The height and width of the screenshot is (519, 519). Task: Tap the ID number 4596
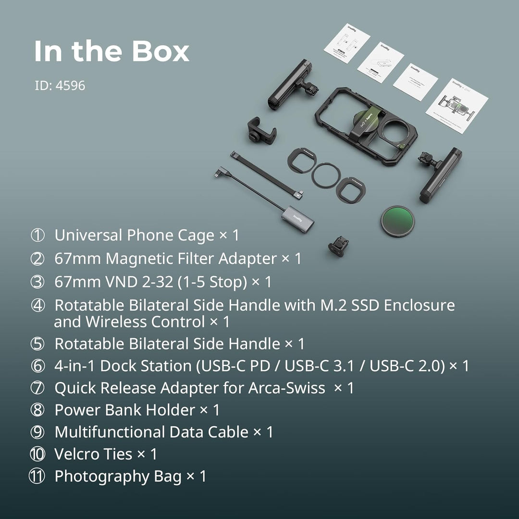click(71, 86)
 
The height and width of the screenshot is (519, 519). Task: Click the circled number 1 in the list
click(37, 235)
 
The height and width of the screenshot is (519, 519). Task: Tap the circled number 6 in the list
click(37, 366)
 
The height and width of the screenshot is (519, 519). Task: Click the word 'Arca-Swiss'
click(286, 388)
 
